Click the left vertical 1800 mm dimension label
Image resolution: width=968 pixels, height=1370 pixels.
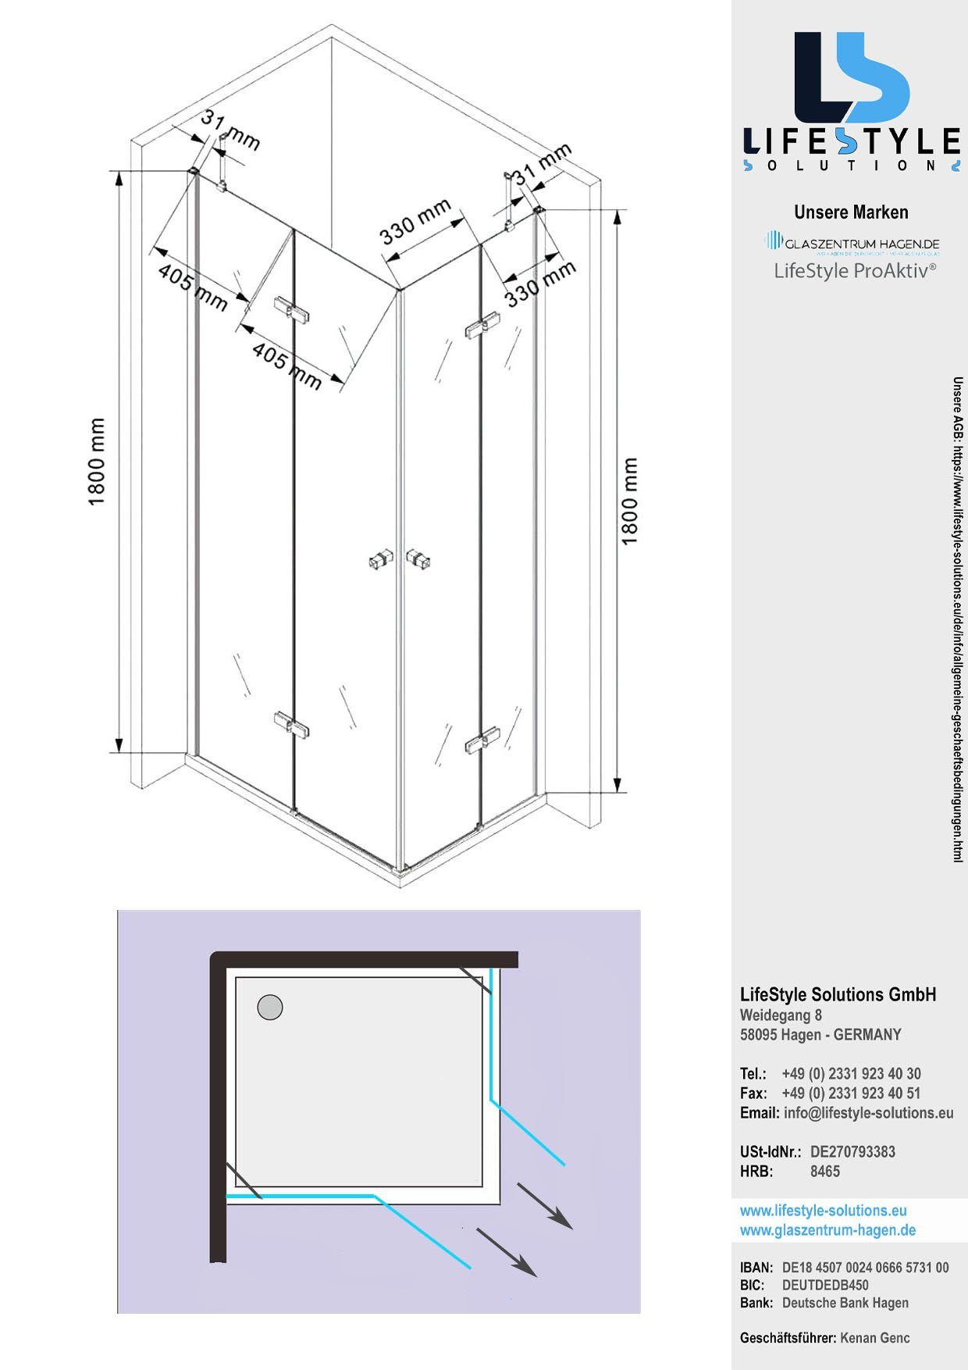click(x=96, y=462)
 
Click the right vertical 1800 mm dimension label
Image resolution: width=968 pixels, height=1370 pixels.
click(x=629, y=501)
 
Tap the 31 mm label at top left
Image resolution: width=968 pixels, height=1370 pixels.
click(x=230, y=129)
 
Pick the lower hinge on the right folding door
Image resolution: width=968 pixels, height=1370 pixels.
click(x=482, y=740)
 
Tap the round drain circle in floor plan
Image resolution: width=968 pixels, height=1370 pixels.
click(x=270, y=1007)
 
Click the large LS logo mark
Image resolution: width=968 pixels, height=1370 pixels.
click(x=851, y=78)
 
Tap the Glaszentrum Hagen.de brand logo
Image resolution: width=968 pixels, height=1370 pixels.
click(x=852, y=243)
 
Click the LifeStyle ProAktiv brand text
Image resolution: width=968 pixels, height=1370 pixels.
click(x=855, y=271)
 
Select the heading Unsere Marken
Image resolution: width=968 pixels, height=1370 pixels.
click(x=851, y=212)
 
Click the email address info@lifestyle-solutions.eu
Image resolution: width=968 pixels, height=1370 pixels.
click(x=868, y=1113)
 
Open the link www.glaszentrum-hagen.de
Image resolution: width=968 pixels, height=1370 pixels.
click(x=827, y=1230)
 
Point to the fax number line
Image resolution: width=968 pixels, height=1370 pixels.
click(x=851, y=1094)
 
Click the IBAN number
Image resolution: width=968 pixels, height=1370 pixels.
click(x=865, y=1268)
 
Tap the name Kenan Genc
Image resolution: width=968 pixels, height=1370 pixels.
click(x=874, y=1338)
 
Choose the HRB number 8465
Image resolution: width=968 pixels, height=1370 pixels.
click(x=825, y=1171)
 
